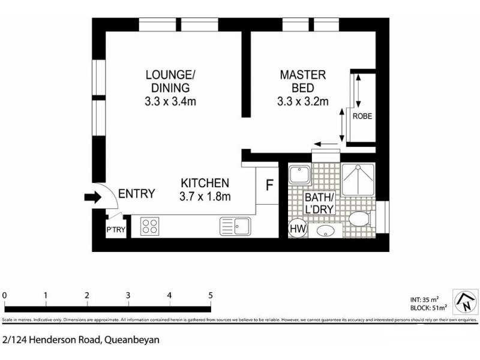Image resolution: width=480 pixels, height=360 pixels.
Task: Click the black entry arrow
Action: [93, 197]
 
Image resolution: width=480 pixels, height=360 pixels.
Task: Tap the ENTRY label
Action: [137, 194]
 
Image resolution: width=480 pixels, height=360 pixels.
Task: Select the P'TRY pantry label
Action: [116, 230]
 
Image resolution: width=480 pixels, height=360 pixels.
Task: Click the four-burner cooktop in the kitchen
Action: [149, 226]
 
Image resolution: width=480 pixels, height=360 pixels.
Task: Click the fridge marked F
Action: [269, 185]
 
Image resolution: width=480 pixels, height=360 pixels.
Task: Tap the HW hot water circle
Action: [297, 228]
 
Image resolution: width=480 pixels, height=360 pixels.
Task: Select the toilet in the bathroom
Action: [359, 220]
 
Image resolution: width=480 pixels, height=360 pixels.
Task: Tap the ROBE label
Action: [362, 116]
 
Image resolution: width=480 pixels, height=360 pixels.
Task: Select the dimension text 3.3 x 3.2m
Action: [303, 101]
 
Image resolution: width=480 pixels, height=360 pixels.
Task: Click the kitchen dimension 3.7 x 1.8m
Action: [206, 196]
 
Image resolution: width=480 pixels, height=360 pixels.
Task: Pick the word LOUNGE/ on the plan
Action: [171, 75]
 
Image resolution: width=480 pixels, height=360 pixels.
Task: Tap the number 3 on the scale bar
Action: [128, 295]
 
